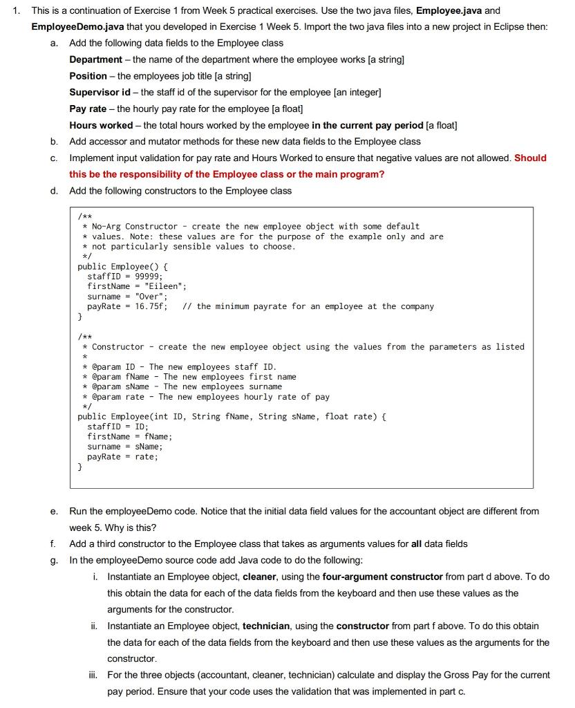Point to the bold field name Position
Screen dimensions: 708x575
click(88, 75)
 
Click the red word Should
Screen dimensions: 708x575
click(530, 158)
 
